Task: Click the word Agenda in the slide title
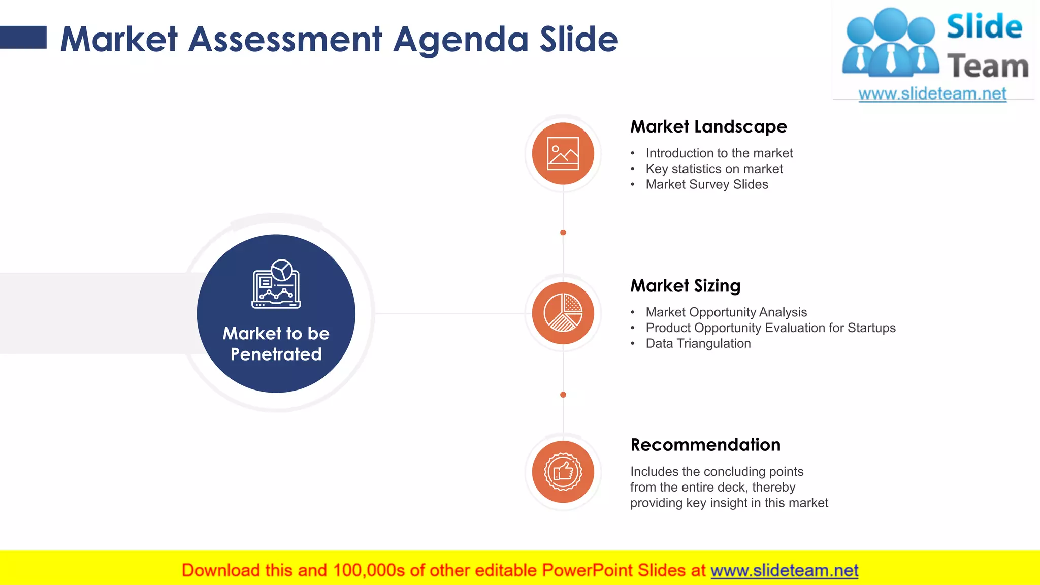click(x=461, y=40)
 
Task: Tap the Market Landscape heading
click(x=708, y=126)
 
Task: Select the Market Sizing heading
click(x=685, y=286)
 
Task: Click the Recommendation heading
click(x=705, y=445)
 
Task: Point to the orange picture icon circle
click(x=563, y=153)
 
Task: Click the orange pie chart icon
click(x=563, y=313)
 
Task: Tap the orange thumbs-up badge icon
click(x=563, y=472)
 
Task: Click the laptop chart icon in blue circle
click(x=276, y=284)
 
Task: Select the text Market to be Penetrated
click(x=276, y=344)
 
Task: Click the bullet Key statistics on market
click(x=714, y=169)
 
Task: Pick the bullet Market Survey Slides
click(x=707, y=184)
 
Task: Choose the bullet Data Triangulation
click(x=698, y=343)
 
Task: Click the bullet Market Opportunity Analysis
click(x=726, y=312)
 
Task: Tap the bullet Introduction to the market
click(x=719, y=153)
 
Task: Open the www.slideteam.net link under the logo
click(x=932, y=94)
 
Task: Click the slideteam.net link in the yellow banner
click(x=784, y=570)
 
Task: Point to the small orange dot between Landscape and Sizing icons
click(x=563, y=233)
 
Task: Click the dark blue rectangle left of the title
click(x=23, y=37)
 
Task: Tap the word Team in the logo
click(x=987, y=67)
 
